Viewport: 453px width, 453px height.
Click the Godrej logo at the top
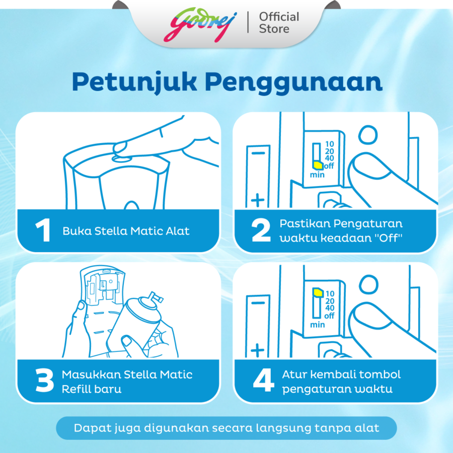pos(200,24)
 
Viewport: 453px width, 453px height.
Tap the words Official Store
pos(279,23)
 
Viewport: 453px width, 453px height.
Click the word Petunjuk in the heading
pos(134,83)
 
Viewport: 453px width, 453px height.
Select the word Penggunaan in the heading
pos(294,83)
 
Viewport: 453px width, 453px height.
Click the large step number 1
pos(43,230)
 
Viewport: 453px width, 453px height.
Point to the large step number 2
pos(261,230)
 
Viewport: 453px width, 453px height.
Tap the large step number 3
pos(44,380)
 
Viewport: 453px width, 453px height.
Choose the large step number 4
pos(263,380)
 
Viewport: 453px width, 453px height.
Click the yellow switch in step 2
pos(318,165)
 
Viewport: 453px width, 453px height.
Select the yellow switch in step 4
pos(318,292)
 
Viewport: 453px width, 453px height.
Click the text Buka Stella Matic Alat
pos(126,231)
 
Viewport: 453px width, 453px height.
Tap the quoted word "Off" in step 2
pos(388,238)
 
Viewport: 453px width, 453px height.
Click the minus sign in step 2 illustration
pos(258,153)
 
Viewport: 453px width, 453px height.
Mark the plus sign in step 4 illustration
pos(257,350)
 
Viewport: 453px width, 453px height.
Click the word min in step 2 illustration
pos(317,175)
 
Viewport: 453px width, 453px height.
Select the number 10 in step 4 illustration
pos(330,293)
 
